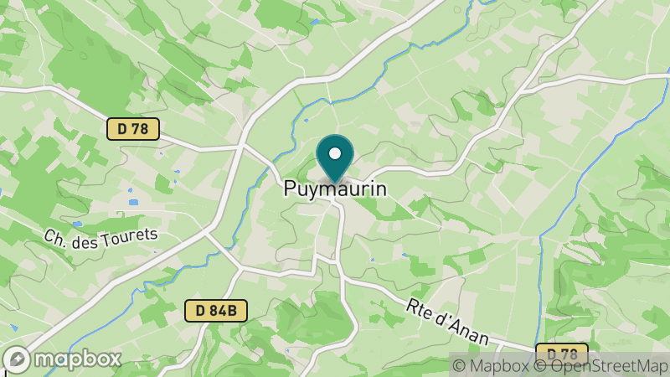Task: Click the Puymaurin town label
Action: click(x=335, y=189)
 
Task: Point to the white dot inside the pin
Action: click(x=335, y=153)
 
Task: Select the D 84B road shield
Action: click(x=216, y=311)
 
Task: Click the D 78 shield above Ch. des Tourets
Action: click(x=133, y=128)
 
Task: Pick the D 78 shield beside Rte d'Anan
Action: click(x=561, y=353)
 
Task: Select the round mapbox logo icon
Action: click(x=18, y=359)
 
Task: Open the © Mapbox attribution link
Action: click(x=492, y=365)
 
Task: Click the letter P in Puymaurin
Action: click(x=290, y=189)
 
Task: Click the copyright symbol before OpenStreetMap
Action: click(x=541, y=365)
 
